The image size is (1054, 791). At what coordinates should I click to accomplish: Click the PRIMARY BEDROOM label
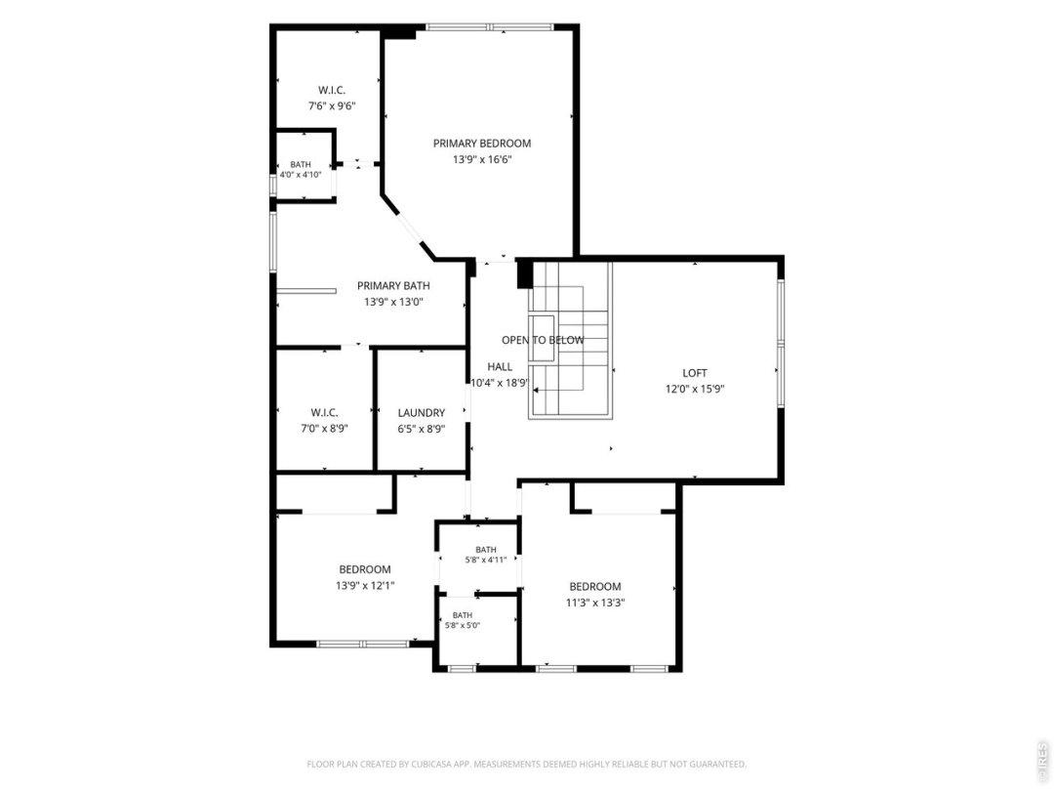pos(482,144)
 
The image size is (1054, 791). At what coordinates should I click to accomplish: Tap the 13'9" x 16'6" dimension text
pos(482,160)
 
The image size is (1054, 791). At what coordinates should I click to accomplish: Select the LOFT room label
pos(695,373)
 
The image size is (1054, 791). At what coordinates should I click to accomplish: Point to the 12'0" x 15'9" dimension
pos(695,389)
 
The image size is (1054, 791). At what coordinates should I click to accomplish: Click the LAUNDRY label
pos(422,413)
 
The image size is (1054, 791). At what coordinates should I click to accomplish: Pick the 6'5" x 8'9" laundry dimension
pos(422,429)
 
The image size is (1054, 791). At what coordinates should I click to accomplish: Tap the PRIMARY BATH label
pos(393,286)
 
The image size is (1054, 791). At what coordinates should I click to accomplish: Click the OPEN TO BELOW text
pos(543,341)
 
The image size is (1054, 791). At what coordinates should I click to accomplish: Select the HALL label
pos(500,367)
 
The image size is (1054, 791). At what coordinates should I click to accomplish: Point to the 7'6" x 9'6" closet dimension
pos(332,106)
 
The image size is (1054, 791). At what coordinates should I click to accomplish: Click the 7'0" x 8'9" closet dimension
pos(324,429)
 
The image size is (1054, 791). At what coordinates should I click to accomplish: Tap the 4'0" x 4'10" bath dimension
pos(301,175)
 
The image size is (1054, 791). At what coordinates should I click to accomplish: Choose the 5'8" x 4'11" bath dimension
pos(485,560)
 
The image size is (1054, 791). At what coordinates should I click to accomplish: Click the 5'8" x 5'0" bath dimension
pos(462,625)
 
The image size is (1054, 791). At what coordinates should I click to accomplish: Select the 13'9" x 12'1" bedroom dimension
pos(365,586)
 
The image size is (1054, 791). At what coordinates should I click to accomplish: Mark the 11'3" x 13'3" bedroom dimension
pos(595,603)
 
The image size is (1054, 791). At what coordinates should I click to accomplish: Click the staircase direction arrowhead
pos(538,390)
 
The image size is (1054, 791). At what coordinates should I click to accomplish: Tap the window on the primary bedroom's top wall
pos(489,27)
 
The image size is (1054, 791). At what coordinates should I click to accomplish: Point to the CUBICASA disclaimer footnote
pos(526,764)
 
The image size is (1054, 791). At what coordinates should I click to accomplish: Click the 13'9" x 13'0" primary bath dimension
pos(393,302)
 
